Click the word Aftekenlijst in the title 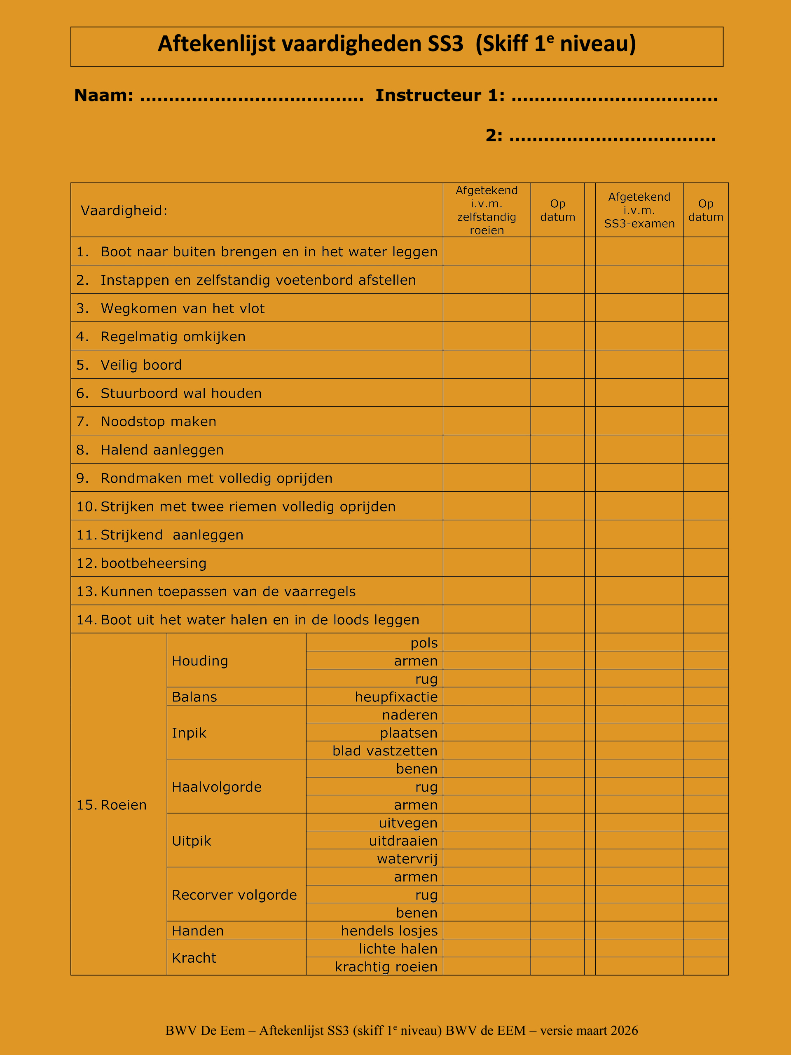(x=216, y=44)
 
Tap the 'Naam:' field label (x=103, y=95)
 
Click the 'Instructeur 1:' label (x=440, y=95)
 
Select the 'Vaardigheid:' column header (x=124, y=210)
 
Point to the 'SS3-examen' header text (x=639, y=224)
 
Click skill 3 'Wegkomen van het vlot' (x=182, y=309)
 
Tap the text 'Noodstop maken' (x=158, y=422)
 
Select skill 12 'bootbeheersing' (x=154, y=563)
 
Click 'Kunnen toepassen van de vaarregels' (x=228, y=591)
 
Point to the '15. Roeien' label (x=112, y=805)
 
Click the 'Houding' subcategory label (x=200, y=661)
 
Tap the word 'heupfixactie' (x=396, y=697)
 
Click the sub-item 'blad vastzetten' (x=385, y=751)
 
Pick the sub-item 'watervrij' (x=407, y=859)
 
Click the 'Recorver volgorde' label (x=234, y=895)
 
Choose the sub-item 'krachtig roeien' (x=386, y=967)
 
